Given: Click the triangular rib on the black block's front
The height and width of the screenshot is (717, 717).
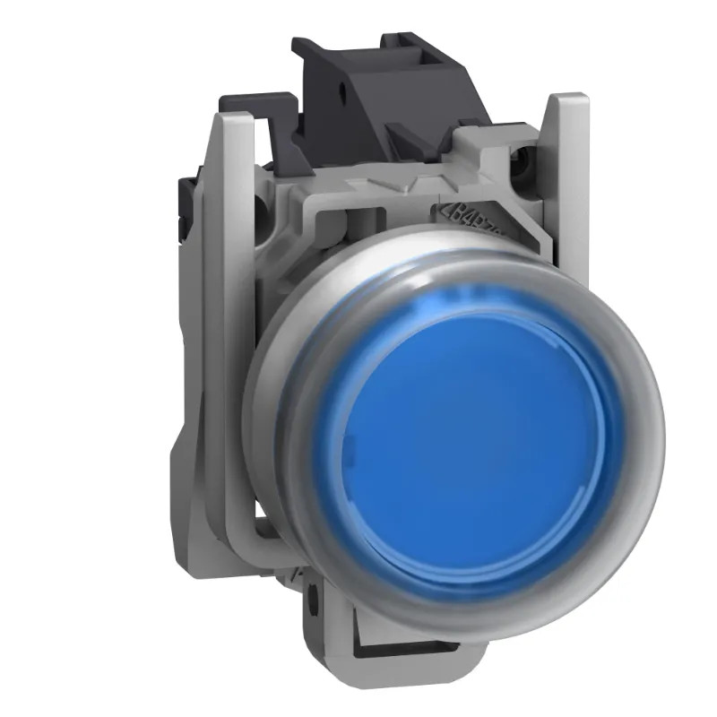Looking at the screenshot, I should click(x=421, y=143).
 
